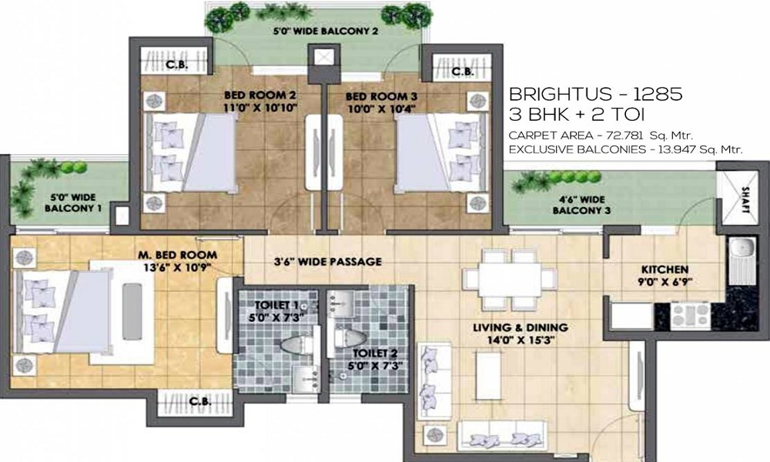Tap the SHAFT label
pyautogui.click(x=745, y=200)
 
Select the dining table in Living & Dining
pyautogui.click(x=510, y=280)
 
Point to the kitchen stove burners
pyautogui.click(x=691, y=315)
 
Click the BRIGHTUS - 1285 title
pyautogui.click(x=596, y=94)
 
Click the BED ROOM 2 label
pyautogui.click(x=259, y=95)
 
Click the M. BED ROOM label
pyautogui.click(x=177, y=255)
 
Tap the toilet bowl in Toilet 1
pyautogui.click(x=296, y=345)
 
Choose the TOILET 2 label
pyautogui.click(x=375, y=353)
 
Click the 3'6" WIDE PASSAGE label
pyautogui.click(x=327, y=262)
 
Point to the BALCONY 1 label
pyautogui.click(x=73, y=208)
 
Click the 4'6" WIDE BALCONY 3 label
pyautogui.click(x=581, y=206)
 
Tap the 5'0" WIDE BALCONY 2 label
pyautogui.click(x=326, y=32)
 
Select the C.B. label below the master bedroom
pyautogui.click(x=200, y=402)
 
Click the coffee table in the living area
pyautogui.click(x=488, y=376)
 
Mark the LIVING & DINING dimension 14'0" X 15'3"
pyautogui.click(x=521, y=340)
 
